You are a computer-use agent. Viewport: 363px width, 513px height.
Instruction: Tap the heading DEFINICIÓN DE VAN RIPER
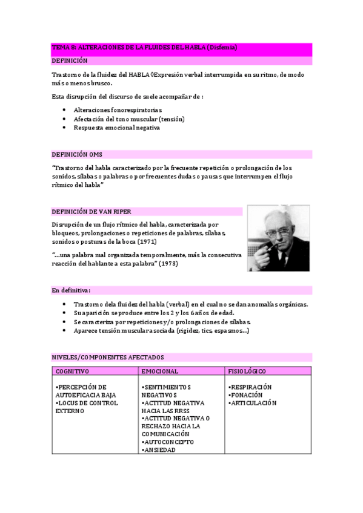click(x=91, y=211)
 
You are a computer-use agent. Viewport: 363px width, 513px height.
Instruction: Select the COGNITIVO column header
click(x=72, y=371)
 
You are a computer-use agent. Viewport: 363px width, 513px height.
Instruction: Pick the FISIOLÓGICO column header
click(x=247, y=371)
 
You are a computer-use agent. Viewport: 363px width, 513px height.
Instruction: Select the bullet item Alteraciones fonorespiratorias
click(x=118, y=110)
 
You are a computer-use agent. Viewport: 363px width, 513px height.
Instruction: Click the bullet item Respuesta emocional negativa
click(x=116, y=128)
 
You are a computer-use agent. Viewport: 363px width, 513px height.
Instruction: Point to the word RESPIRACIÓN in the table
click(x=250, y=387)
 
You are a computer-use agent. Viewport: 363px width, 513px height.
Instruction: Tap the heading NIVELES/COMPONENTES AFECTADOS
click(x=107, y=358)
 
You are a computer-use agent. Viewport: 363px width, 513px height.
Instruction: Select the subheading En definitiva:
click(x=71, y=290)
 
